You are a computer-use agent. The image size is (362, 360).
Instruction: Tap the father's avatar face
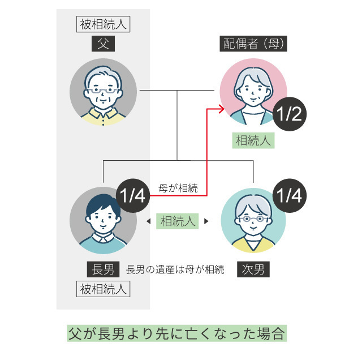click(x=103, y=91)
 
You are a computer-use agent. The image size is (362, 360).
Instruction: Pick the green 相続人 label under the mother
click(x=253, y=140)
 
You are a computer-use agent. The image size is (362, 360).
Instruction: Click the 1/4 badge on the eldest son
click(x=132, y=196)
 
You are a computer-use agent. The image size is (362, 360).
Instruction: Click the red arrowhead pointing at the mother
click(x=217, y=107)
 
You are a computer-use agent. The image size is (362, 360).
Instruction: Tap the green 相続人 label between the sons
click(x=178, y=221)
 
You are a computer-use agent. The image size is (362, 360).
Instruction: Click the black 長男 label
click(x=103, y=268)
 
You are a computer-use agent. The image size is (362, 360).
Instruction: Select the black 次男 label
click(x=253, y=268)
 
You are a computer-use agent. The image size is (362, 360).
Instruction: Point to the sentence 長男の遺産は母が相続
click(x=175, y=269)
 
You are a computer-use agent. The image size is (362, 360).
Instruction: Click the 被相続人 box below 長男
click(x=103, y=289)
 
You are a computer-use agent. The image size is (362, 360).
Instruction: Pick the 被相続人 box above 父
click(x=103, y=24)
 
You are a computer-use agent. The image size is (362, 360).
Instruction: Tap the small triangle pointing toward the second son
click(x=206, y=221)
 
